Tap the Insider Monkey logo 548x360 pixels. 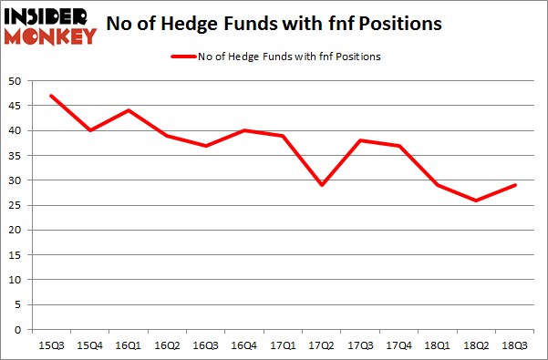pyautogui.click(x=50, y=26)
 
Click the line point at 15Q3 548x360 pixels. pyautogui.click(x=51, y=96)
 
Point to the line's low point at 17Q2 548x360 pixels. pyautogui.click(x=321, y=185)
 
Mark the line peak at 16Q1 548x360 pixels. pyautogui.click(x=129, y=110)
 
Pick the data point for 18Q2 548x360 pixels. pyautogui.click(x=475, y=200)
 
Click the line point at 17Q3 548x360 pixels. pyautogui.click(x=359, y=140)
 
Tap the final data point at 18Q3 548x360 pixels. pyautogui.click(x=513, y=185)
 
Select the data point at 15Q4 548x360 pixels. pyautogui.click(x=90, y=130)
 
